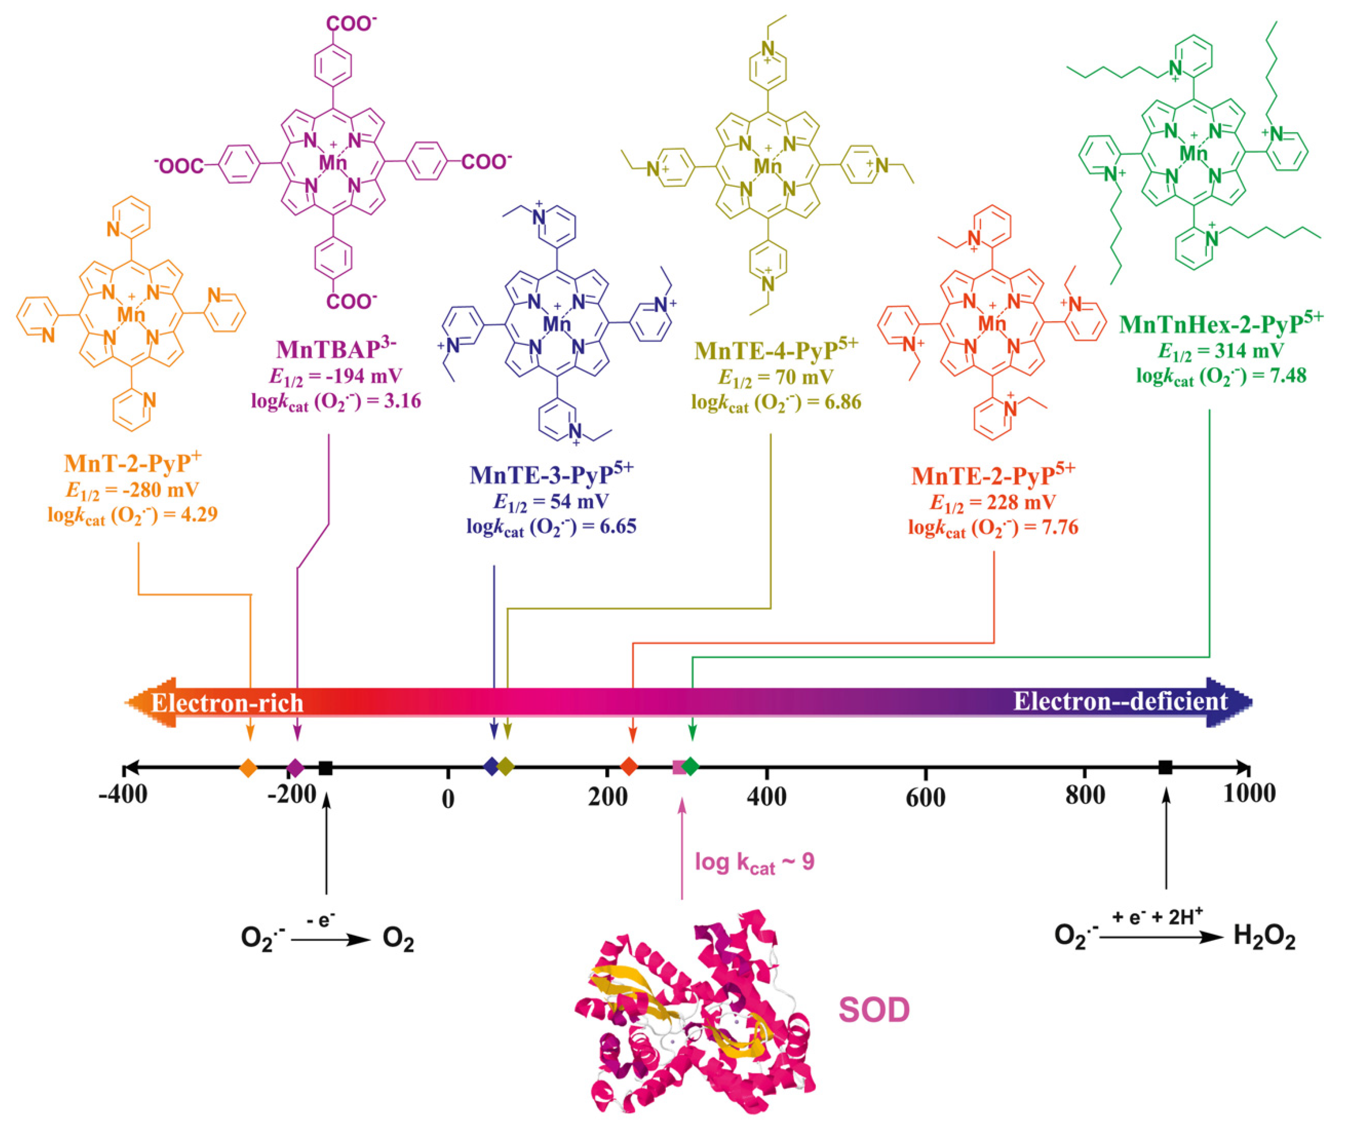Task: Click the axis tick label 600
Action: coord(926,797)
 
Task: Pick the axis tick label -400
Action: coord(123,795)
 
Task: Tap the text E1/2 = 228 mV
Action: coord(993,502)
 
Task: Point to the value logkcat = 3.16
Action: coord(336,402)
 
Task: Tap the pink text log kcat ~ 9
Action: coord(754,862)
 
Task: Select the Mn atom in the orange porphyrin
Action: coord(131,314)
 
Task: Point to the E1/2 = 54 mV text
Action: coord(551,502)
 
